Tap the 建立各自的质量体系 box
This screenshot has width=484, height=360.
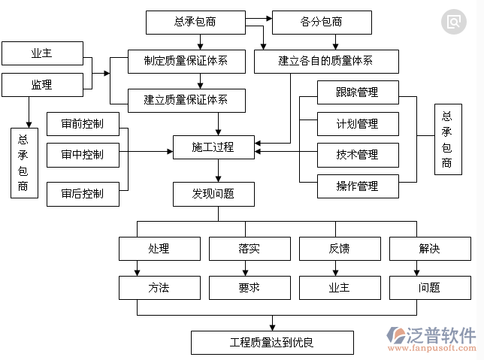pos(314,60)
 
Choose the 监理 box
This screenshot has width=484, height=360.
pos(41,85)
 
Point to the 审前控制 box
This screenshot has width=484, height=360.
pos(83,124)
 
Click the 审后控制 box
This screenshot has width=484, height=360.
pos(83,193)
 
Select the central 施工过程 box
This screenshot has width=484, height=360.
pos(213,147)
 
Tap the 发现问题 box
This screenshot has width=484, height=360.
pos(213,193)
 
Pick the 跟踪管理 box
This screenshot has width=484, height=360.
pos(357,93)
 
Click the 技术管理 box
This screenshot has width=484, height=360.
pos(357,155)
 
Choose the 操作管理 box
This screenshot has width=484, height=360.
pos(357,186)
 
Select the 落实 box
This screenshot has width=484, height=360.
pos(249,248)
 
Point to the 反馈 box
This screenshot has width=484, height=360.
pos(339,248)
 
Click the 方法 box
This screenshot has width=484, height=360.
pos(159,287)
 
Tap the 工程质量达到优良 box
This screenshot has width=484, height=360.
pos(271,343)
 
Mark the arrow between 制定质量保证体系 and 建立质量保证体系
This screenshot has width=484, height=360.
pos(200,79)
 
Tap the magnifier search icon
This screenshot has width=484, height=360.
pos(453,22)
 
